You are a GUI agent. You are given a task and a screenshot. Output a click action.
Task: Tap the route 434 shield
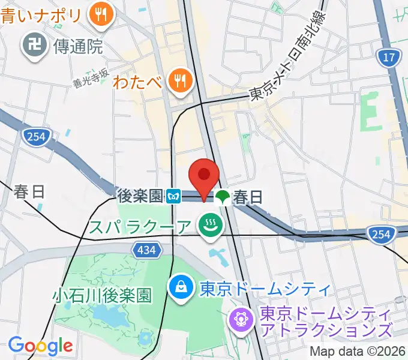146,248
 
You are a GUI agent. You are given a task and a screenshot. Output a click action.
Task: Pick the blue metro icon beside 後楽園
175,196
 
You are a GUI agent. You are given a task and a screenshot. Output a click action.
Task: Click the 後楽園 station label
140,196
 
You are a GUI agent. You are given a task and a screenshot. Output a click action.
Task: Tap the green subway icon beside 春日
223,196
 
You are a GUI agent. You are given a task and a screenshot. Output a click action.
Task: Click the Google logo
40,346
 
